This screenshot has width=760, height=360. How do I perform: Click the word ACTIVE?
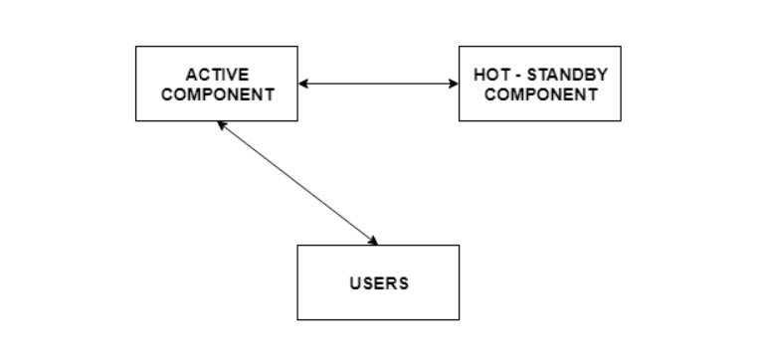pyautogui.click(x=216, y=75)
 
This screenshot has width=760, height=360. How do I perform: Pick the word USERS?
pyautogui.click(x=378, y=282)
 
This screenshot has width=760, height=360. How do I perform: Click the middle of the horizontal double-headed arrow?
pyautogui.click(x=378, y=84)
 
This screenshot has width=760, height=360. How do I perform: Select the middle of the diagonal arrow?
pyautogui.click(x=297, y=183)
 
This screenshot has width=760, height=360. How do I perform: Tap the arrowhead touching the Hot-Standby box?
pyautogui.click(x=453, y=84)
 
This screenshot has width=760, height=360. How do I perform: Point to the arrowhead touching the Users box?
pyautogui.click(x=373, y=241)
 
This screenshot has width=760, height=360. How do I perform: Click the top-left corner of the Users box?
pyautogui.click(x=298, y=246)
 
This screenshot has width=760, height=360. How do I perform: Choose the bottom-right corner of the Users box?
pyautogui.click(x=459, y=319)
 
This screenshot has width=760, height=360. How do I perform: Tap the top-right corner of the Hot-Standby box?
pyautogui.click(x=621, y=47)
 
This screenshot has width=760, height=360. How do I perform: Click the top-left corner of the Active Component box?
pyautogui.click(x=136, y=47)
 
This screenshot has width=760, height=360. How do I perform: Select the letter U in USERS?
pyautogui.click(x=354, y=282)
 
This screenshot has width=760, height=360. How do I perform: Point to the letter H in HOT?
pyautogui.click(x=478, y=75)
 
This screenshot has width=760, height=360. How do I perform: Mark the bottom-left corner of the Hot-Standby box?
pyautogui.click(x=460, y=120)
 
